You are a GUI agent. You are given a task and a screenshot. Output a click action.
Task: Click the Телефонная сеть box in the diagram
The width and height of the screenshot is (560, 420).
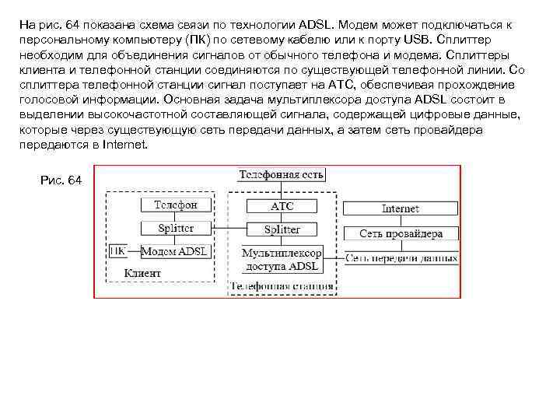[x=281, y=174]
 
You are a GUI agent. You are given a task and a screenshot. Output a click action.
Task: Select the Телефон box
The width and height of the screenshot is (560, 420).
[x=175, y=205]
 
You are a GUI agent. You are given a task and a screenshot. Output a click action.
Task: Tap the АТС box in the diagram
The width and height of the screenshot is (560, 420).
[x=282, y=206]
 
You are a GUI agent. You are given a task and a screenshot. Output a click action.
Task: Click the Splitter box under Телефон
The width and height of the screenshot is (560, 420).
[x=175, y=229]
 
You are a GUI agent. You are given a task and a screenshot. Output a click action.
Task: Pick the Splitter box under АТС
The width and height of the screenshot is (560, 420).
[x=282, y=229]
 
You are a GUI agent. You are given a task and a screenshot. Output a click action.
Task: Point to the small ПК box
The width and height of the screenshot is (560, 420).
[x=117, y=251]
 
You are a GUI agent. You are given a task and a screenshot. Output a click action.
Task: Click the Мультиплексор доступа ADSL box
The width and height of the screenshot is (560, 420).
[x=282, y=260]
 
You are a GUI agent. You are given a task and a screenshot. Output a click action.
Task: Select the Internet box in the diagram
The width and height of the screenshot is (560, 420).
[x=401, y=208]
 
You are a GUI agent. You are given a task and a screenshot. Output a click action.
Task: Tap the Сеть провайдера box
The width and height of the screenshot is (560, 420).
[x=401, y=233]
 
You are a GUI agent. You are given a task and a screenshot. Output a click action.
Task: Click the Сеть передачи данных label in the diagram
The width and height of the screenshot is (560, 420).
[x=401, y=257]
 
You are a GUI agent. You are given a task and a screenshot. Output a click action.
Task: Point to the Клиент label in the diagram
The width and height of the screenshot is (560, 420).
[x=142, y=273]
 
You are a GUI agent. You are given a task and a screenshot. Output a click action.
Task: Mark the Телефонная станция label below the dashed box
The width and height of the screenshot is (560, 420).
[x=282, y=286]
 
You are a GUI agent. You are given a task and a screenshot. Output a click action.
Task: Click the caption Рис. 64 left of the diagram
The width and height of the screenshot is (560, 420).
[x=61, y=180]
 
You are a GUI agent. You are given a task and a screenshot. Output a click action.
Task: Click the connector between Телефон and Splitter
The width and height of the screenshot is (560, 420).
[x=175, y=216]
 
